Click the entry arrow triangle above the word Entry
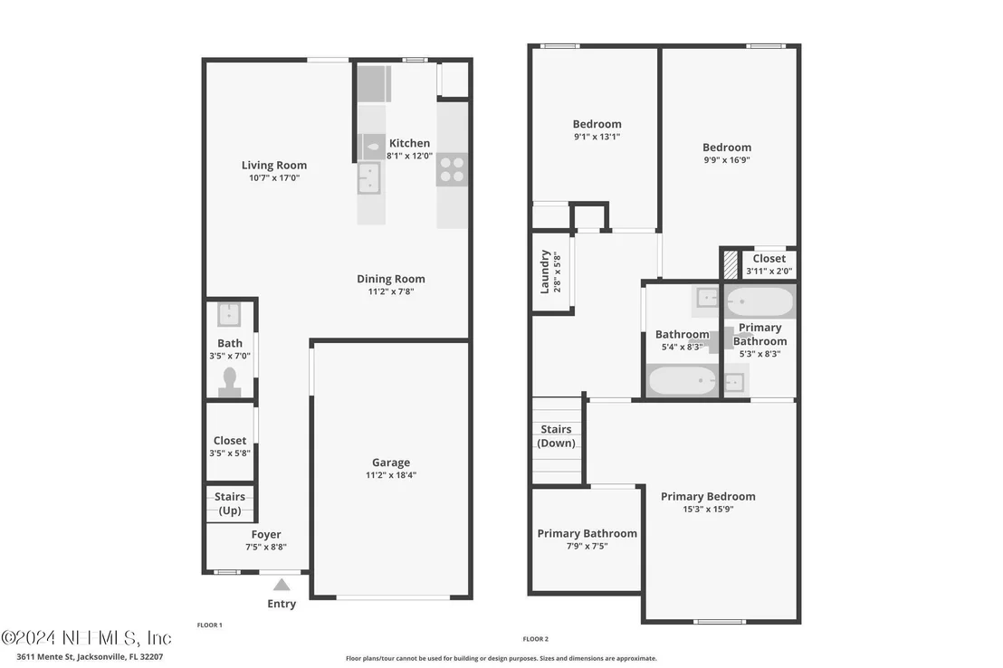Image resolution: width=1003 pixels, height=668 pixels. [x=282, y=585]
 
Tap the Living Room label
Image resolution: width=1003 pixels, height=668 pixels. [x=273, y=165]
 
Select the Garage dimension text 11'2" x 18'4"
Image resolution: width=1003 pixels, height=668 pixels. [x=391, y=475]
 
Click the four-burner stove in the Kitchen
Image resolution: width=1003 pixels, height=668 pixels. [x=452, y=169]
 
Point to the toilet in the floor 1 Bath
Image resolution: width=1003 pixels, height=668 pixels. [x=230, y=382]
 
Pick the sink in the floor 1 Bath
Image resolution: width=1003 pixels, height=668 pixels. [x=229, y=315]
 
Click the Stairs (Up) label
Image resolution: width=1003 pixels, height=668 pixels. [x=230, y=503]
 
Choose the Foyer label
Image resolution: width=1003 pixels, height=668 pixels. [x=266, y=534]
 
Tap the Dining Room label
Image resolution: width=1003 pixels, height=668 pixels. [x=391, y=279]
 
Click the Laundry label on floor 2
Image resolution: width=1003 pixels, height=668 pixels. [x=545, y=272]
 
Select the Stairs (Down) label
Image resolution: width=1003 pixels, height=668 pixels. [x=556, y=435]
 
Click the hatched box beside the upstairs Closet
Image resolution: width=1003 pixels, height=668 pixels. [x=730, y=264]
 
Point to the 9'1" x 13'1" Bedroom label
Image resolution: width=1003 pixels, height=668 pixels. [x=597, y=124]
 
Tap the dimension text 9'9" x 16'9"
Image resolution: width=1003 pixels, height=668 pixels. [x=727, y=160]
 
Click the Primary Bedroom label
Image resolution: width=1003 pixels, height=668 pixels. [x=708, y=497]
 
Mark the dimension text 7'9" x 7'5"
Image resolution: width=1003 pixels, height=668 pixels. [x=587, y=546]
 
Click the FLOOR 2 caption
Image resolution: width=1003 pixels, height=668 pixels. [x=535, y=638]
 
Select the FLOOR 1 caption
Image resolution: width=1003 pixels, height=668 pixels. [x=209, y=625]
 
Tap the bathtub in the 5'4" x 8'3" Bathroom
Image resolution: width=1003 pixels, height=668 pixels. [x=682, y=381]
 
